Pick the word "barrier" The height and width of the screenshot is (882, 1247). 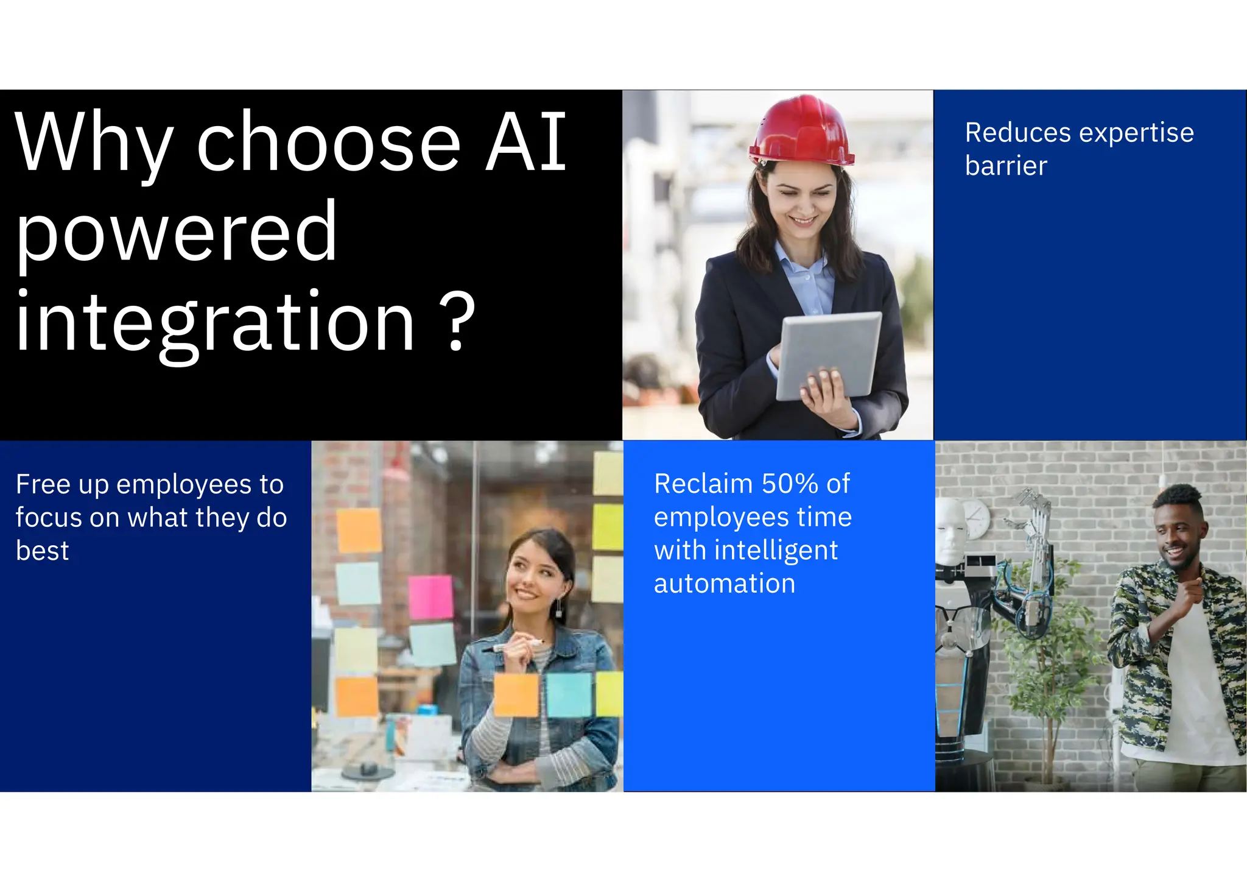[1006, 166]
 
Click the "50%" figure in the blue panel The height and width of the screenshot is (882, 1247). [790, 484]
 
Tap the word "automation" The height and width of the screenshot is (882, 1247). [725, 584]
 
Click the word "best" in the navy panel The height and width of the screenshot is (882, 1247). [42, 551]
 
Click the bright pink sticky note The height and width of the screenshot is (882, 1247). [430, 597]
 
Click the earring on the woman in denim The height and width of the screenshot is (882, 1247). [558, 608]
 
